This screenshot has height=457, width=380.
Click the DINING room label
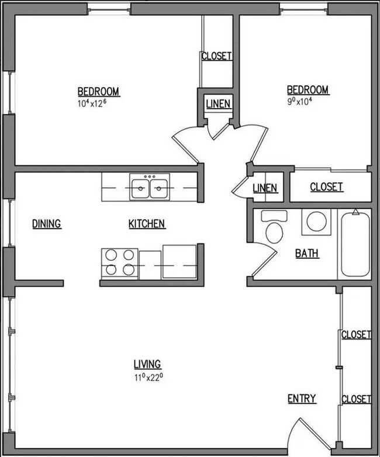pyautogui.click(x=47, y=223)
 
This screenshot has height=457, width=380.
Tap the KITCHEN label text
pyautogui.click(x=147, y=223)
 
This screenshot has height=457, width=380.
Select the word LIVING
pyautogui.click(x=147, y=364)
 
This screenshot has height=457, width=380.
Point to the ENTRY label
pyautogui.click(x=302, y=399)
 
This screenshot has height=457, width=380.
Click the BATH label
pyautogui.click(x=307, y=254)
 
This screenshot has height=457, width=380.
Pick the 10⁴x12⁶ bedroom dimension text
pyautogui.click(x=98, y=103)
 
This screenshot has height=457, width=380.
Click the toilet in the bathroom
pyautogui.click(x=274, y=227)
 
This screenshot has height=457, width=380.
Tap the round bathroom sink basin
pyautogui.click(x=317, y=222)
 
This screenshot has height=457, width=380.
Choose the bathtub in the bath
pyautogui.click(x=355, y=244)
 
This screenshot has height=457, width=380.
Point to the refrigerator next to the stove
pyautogui.click(x=180, y=262)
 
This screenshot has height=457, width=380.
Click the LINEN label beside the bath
pyautogui.click(x=265, y=188)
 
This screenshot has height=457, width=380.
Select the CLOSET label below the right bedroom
pyautogui.click(x=326, y=187)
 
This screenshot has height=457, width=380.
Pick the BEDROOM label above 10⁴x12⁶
pyautogui.click(x=98, y=91)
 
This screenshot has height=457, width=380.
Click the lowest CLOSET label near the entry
pyautogui.click(x=356, y=399)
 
